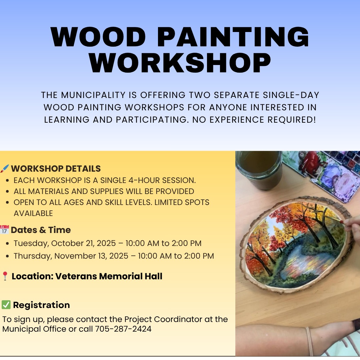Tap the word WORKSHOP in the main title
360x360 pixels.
coord(180,62)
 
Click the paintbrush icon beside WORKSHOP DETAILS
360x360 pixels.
coord(5,169)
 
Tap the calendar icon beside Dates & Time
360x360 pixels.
coord(4,230)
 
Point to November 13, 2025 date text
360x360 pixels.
coord(91,256)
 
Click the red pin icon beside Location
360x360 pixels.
coord(5,276)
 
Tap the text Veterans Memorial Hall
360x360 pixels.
coord(109,276)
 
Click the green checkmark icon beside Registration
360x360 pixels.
coord(6,305)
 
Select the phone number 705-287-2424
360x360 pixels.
coord(123,329)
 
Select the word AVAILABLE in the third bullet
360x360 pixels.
coord(33,213)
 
